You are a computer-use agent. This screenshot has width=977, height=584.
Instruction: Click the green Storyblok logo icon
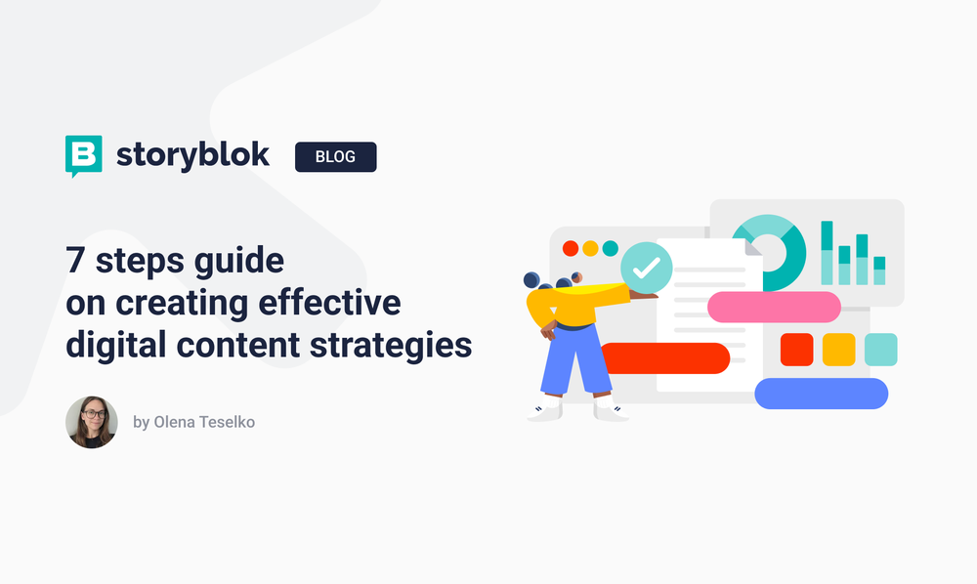(x=83, y=155)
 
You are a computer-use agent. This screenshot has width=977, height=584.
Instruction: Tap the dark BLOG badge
(x=335, y=156)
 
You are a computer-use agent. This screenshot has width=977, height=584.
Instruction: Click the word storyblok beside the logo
(x=192, y=154)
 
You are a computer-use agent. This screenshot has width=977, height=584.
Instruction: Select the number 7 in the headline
(x=74, y=261)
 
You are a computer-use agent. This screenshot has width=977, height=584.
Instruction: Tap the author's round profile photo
(x=92, y=422)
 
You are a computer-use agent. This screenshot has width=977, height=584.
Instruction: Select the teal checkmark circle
(x=647, y=266)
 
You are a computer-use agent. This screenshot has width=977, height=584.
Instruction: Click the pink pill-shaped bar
(x=774, y=307)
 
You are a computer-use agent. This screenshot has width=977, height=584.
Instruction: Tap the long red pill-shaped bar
(x=664, y=358)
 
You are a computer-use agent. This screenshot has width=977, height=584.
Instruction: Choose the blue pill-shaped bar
(x=821, y=394)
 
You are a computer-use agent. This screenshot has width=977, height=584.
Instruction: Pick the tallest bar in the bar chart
(x=827, y=252)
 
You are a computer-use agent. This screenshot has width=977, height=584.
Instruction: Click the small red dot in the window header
(x=571, y=249)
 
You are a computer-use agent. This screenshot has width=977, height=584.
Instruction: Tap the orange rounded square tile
(x=838, y=350)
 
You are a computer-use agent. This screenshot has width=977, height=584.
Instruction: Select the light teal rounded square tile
(x=880, y=350)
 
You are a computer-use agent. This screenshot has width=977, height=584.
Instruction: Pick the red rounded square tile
(x=796, y=350)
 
